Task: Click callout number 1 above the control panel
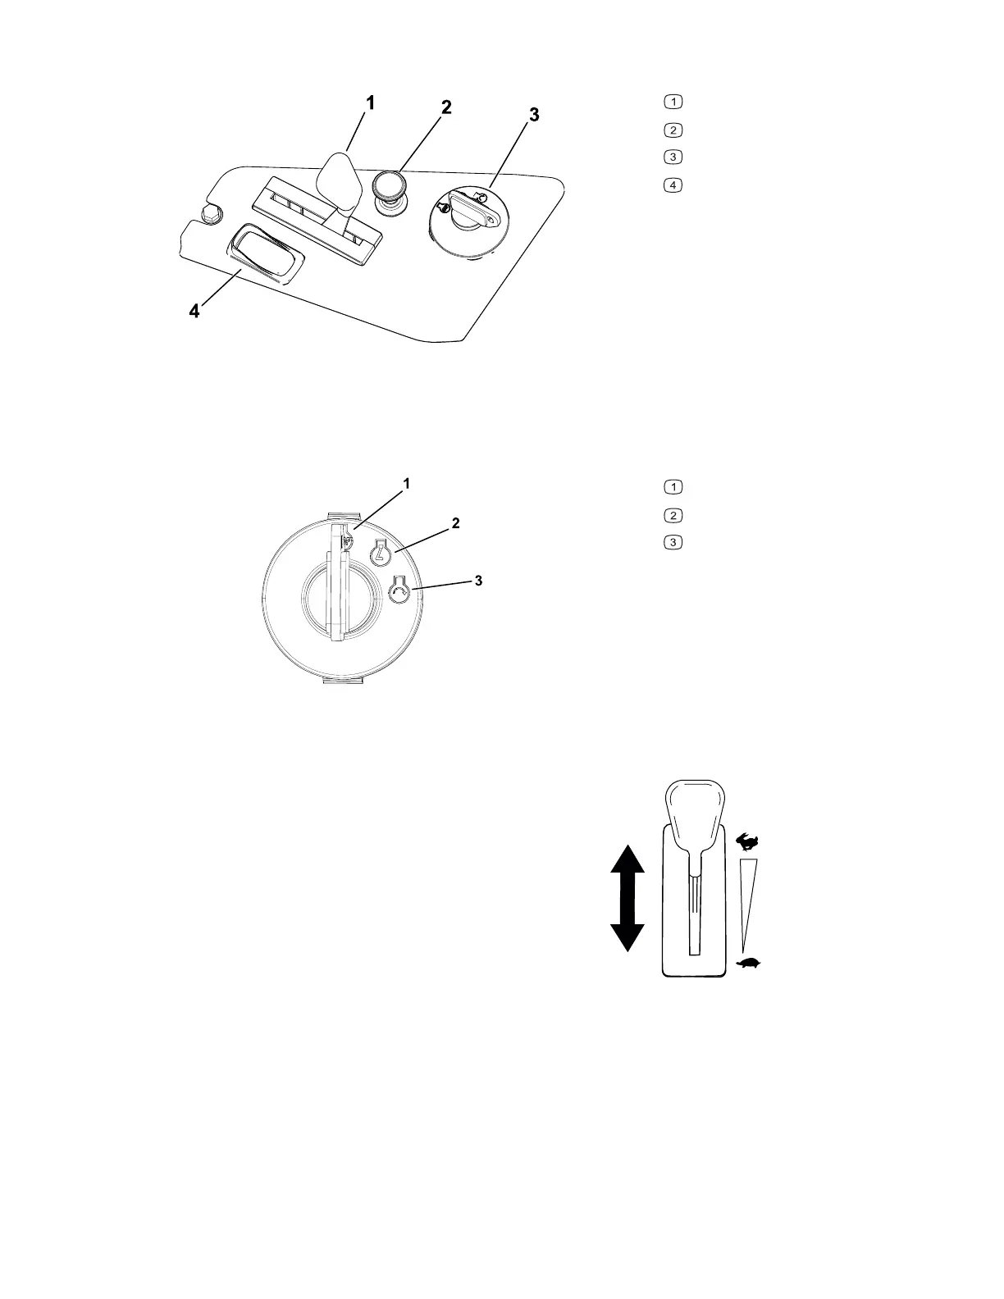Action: (371, 103)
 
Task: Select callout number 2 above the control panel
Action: (446, 107)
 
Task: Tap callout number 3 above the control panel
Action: (533, 116)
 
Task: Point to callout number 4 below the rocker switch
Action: (194, 312)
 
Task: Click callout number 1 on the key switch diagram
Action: (407, 484)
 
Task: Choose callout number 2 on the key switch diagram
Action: (455, 522)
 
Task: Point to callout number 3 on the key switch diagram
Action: (479, 581)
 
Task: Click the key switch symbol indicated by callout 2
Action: (380, 554)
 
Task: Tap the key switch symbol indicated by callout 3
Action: (399, 591)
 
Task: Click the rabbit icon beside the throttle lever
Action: (748, 841)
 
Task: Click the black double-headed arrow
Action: (627, 898)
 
